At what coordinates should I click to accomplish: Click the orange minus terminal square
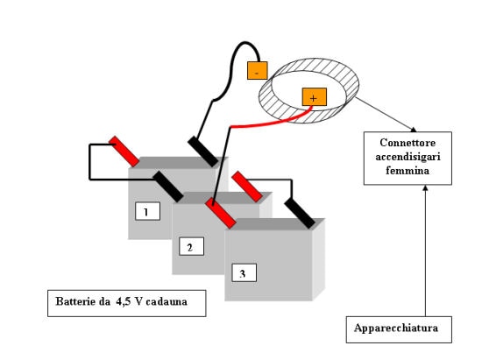pyautogui.click(x=258, y=71)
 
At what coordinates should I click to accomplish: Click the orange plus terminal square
pyautogui.click(x=314, y=97)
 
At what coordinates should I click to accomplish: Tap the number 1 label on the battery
pyautogui.click(x=147, y=211)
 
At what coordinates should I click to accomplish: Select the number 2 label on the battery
pyautogui.click(x=192, y=246)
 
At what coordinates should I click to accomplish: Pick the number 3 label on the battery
pyautogui.click(x=245, y=272)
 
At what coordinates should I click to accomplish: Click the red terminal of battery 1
pyautogui.click(x=124, y=152)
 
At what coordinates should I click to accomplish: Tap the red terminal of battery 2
pyautogui.click(x=221, y=213)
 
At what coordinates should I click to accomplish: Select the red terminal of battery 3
pyautogui.click(x=247, y=187)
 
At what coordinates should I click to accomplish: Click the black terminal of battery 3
pyautogui.click(x=300, y=214)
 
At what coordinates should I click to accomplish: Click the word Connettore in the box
pyautogui.click(x=408, y=143)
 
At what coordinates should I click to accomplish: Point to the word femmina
pyautogui.click(x=408, y=171)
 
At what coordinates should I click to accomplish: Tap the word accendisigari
pyautogui.click(x=408, y=157)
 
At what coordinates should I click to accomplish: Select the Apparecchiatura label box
pyautogui.click(x=399, y=329)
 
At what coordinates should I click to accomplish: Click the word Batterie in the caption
pyautogui.click(x=75, y=301)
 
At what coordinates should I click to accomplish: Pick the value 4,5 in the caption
pyautogui.click(x=124, y=301)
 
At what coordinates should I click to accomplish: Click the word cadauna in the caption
pyautogui.click(x=167, y=301)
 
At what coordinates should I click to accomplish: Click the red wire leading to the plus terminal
pyautogui.click(x=271, y=122)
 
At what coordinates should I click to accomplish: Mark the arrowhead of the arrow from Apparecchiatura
pyautogui.click(x=425, y=187)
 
